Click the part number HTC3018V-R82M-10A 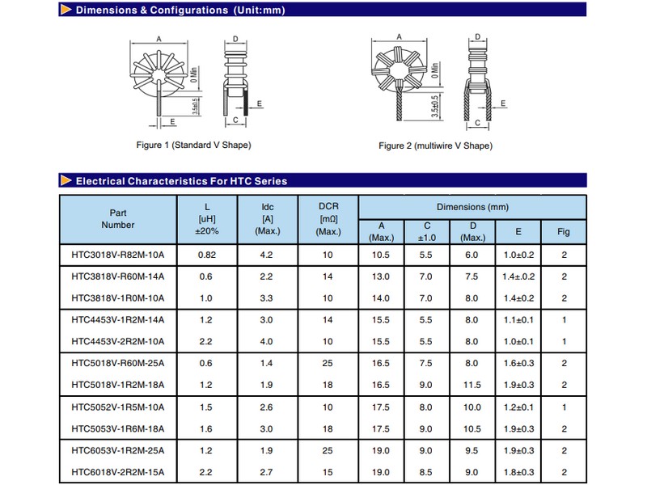117,255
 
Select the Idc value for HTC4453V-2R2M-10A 266,341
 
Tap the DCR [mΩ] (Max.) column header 328,219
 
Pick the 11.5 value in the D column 472,385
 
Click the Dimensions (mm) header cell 472,207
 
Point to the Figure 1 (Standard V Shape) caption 193,145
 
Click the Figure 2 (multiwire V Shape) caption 435,145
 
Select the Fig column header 563,232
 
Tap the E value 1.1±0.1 518,320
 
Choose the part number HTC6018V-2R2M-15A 117,472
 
